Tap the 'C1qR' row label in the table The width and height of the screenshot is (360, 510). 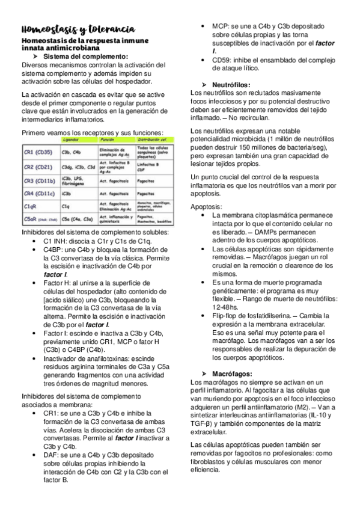click(x=31, y=207)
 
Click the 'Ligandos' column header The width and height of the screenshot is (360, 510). click(x=73, y=139)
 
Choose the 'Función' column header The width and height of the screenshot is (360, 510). click(x=108, y=139)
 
